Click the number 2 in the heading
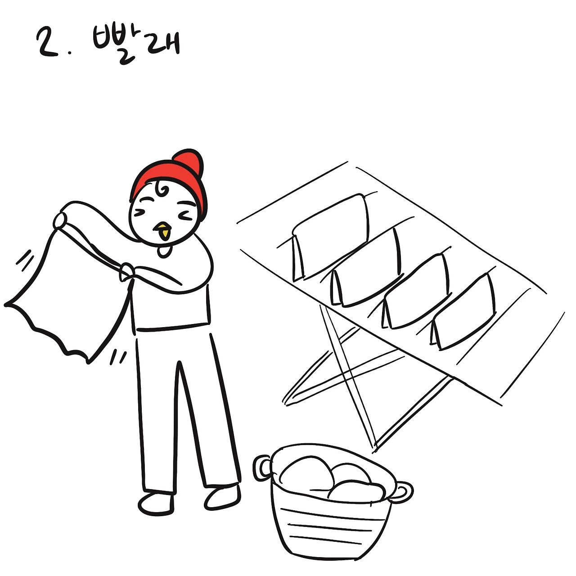pyautogui.click(x=48, y=42)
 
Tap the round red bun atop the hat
pyautogui.click(x=188, y=162)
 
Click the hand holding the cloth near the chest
pyautogui.click(x=127, y=271)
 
